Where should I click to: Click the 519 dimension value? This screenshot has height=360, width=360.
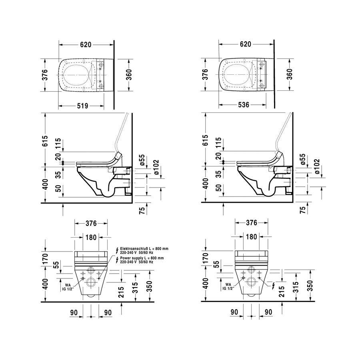pyautogui.click(x=82, y=106)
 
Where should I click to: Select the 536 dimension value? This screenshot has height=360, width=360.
pyautogui.click(x=244, y=105)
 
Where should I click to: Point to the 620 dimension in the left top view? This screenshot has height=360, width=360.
pyautogui.click(x=86, y=44)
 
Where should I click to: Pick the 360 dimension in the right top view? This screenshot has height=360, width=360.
pyautogui.click(x=290, y=74)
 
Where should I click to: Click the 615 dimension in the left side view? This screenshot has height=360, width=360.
pyautogui.click(x=45, y=141)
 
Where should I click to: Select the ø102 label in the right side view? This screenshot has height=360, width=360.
pyautogui.click(x=317, y=166)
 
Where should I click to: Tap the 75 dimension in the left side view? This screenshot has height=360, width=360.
pyautogui.click(x=142, y=210)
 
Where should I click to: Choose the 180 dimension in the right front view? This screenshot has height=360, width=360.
pyautogui.click(x=252, y=237)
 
